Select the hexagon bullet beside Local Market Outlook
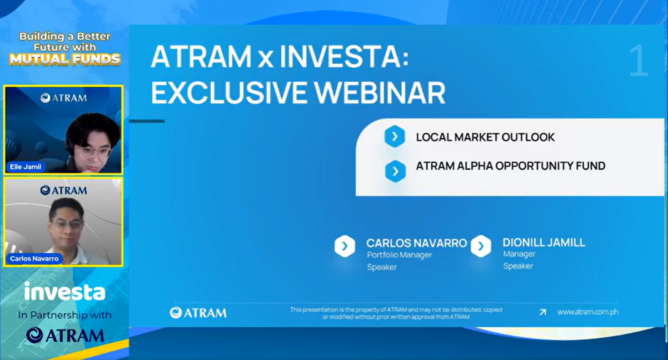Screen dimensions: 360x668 click(394, 136)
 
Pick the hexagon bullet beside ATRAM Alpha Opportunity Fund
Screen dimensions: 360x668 click(395, 171)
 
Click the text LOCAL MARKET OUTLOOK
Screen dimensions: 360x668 click(485, 137)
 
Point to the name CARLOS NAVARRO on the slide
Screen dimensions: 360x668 click(416, 243)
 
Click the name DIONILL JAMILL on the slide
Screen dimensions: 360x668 click(543, 243)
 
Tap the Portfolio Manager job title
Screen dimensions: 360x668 click(399, 255)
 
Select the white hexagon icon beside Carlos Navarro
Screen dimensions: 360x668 click(344, 246)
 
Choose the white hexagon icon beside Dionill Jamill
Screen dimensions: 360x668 click(481, 246)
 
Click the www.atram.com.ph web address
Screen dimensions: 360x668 click(587, 312)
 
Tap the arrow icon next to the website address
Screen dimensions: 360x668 click(543, 312)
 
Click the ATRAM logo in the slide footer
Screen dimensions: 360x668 click(198, 312)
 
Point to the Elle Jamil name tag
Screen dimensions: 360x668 click(25, 167)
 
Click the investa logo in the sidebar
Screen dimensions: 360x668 click(65, 292)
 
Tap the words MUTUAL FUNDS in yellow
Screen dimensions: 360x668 click(65, 59)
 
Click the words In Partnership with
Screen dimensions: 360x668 click(65, 315)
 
